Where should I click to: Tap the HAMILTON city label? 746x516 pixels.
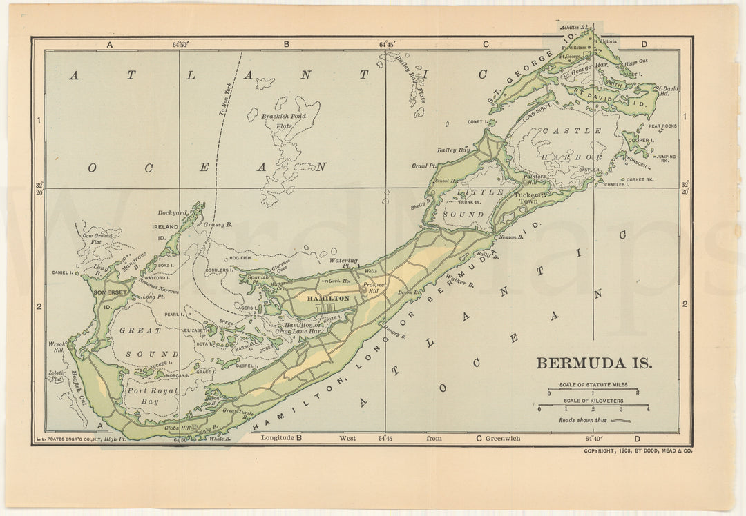point(328,298)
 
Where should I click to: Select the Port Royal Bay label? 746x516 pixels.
point(152,395)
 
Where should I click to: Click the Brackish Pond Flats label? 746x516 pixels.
point(284,121)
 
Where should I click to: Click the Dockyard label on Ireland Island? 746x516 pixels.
point(173,213)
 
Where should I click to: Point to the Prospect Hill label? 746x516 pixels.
point(375,288)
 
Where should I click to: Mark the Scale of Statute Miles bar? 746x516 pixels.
point(593,390)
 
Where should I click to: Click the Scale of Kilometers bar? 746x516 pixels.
point(593,406)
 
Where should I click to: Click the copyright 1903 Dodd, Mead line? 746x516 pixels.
point(638,450)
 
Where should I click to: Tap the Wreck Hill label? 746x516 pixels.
point(56,346)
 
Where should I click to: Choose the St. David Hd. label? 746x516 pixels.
point(667,91)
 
